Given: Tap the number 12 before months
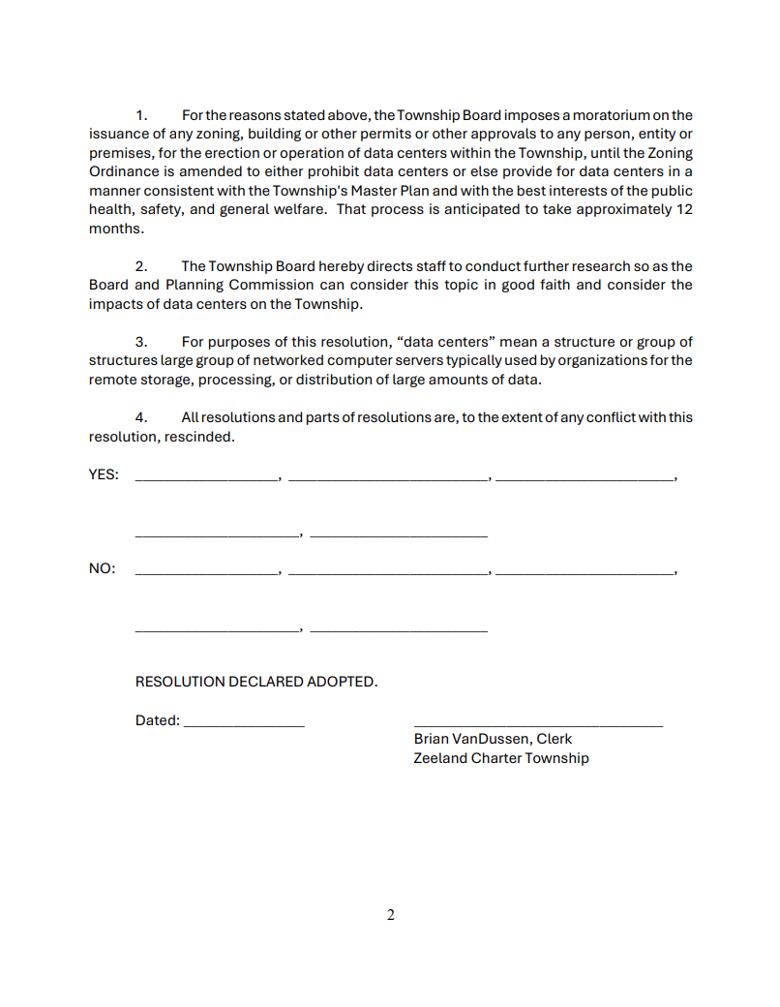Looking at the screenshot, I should pos(683,209).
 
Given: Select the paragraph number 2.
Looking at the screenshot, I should pos(141,266).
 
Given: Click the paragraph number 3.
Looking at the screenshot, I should pos(141,342).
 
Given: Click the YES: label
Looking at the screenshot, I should pos(104,474).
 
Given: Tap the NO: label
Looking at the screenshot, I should pos(102,568).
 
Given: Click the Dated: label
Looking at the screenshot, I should pos(158,720).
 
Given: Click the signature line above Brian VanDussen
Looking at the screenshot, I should pos(538,724).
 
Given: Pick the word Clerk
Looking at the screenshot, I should pos(555,739).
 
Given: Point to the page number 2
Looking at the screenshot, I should pos(391,915).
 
